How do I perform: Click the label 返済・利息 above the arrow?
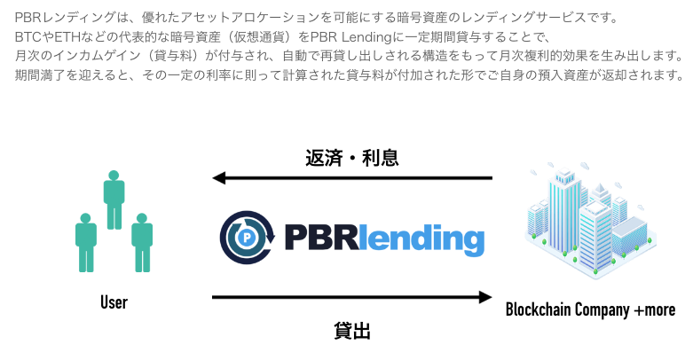[x=351, y=158]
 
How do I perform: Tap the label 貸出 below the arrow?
[x=351, y=332]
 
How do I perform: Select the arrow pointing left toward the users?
[x=351, y=179]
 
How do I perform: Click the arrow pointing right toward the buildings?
[x=351, y=297]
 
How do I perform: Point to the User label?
[x=114, y=303]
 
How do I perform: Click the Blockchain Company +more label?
[x=590, y=309]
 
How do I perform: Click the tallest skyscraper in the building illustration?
[x=561, y=213]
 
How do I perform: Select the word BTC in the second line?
[x=29, y=37]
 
